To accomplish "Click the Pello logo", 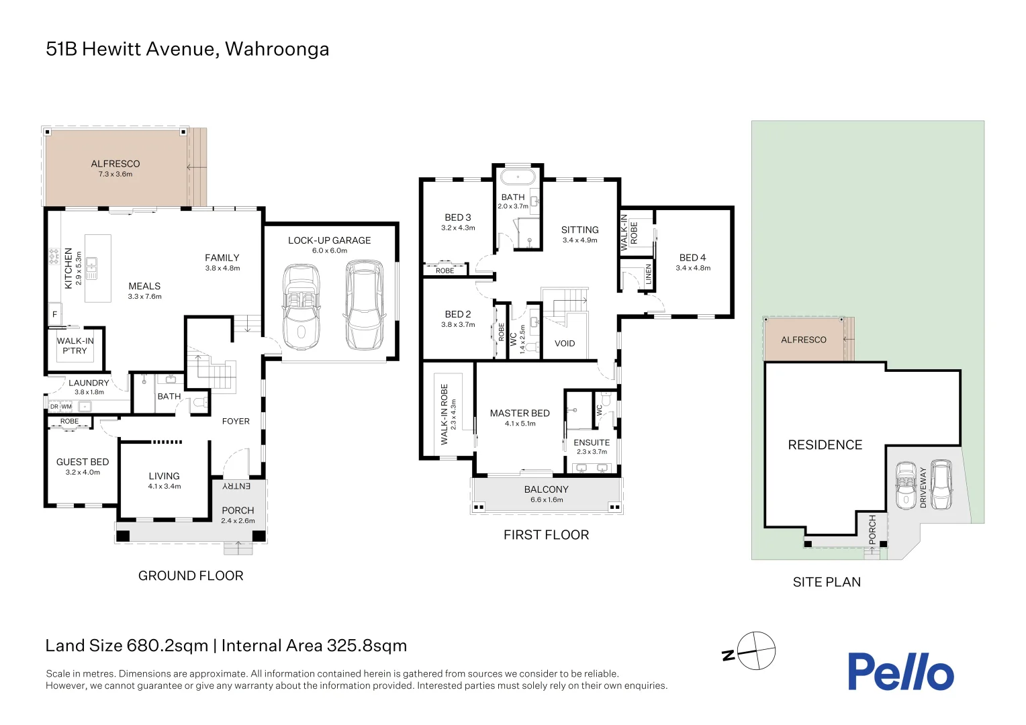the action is click(x=900, y=671).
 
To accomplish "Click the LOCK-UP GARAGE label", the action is click(x=329, y=240).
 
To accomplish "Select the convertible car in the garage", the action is click(x=301, y=307).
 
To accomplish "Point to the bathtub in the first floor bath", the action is click(x=518, y=177).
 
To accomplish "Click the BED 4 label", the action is click(x=692, y=258).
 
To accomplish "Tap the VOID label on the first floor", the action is click(x=564, y=344).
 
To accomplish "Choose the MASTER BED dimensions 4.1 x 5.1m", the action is click(x=520, y=424).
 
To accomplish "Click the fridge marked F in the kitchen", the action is click(x=54, y=314).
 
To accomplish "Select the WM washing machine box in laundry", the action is click(x=66, y=407).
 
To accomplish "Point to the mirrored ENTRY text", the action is click(x=236, y=486).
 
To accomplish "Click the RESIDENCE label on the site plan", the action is click(x=825, y=444).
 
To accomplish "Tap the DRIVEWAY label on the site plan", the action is click(x=923, y=487).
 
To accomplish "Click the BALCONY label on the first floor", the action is click(x=547, y=489).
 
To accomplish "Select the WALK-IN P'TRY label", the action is click(x=75, y=346).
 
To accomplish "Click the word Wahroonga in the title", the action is click(x=277, y=50).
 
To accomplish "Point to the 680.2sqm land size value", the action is click(x=167, y=646).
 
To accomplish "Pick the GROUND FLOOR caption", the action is click(x=191, y=576).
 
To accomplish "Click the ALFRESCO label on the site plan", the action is click(x=803, y=340).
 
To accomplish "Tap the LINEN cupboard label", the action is click(x=648, y=275).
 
